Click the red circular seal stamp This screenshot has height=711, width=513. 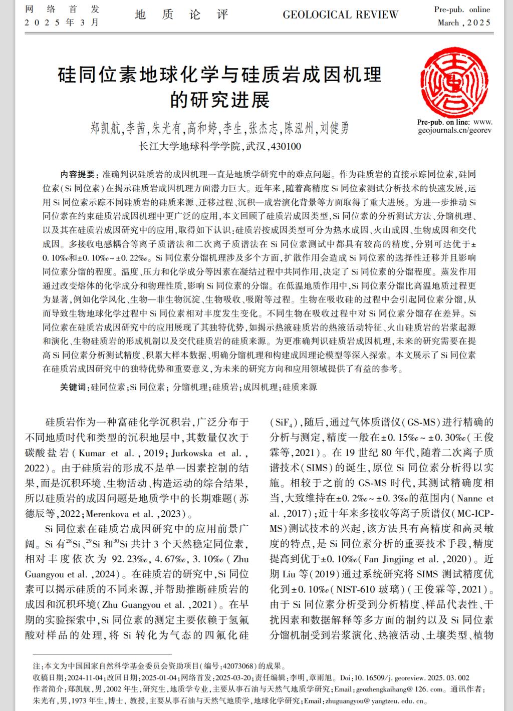tap(455, 82)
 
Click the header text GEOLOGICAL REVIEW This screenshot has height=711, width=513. tap(340, 15)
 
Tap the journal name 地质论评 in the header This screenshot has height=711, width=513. tap(182, 15)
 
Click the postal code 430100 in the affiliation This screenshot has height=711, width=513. tap(285, 147)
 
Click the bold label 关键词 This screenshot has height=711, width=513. tap(73, 387)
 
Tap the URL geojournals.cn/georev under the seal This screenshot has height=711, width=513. tap(455, 130)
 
